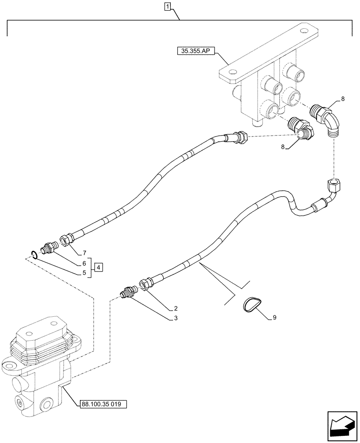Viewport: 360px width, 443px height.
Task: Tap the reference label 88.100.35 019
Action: click(104, 404)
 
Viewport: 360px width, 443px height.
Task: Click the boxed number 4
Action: click(99, 267)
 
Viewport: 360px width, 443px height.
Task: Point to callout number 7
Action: click(83, 253)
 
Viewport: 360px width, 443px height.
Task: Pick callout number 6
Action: click(83, 263)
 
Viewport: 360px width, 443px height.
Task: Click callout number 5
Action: click(83, 273)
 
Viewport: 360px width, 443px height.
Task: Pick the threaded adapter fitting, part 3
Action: click(129, 292)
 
